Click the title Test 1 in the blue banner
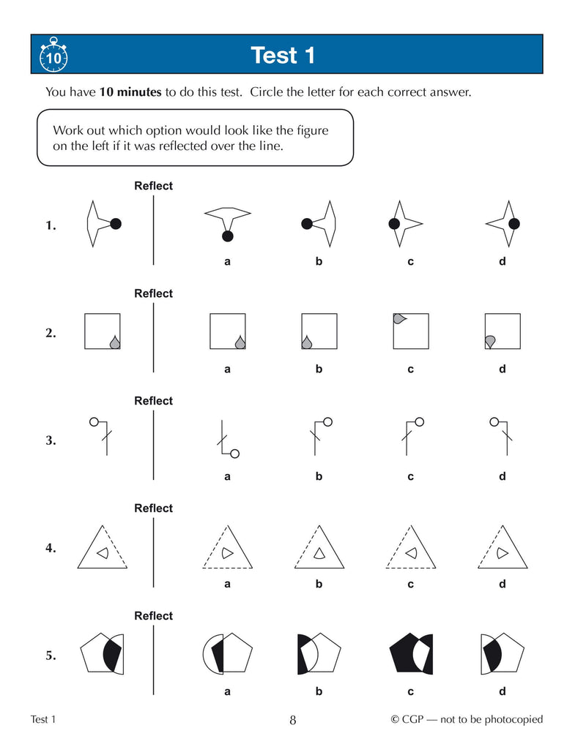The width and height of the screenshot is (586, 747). click(283, 56)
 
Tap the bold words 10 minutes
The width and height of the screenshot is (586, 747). click(130, 91)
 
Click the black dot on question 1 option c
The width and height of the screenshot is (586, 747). click(394, 223)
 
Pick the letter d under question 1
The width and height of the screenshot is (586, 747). click(502, 261)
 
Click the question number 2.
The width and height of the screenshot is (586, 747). click(51, 333)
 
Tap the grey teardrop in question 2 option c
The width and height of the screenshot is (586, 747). click(399, 319)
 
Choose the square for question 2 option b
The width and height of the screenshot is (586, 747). click(319, 331)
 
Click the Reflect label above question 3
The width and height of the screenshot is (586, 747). click(154, 401)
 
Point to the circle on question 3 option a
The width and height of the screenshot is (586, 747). click(234, 454)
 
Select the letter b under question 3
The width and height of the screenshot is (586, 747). click(319, 476)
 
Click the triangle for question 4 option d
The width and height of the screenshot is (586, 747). click(502, 547)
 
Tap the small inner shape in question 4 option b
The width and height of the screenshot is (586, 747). click(319, 553)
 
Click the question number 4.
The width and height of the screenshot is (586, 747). click(51, 548)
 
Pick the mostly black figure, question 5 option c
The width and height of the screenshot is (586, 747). click(411, 653)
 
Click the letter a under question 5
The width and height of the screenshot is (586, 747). click(227, 691)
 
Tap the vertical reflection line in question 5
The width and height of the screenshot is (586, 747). click(154, 660)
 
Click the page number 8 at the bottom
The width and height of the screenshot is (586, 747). click(293, 720)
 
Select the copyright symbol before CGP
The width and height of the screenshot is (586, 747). click(395, 719)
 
